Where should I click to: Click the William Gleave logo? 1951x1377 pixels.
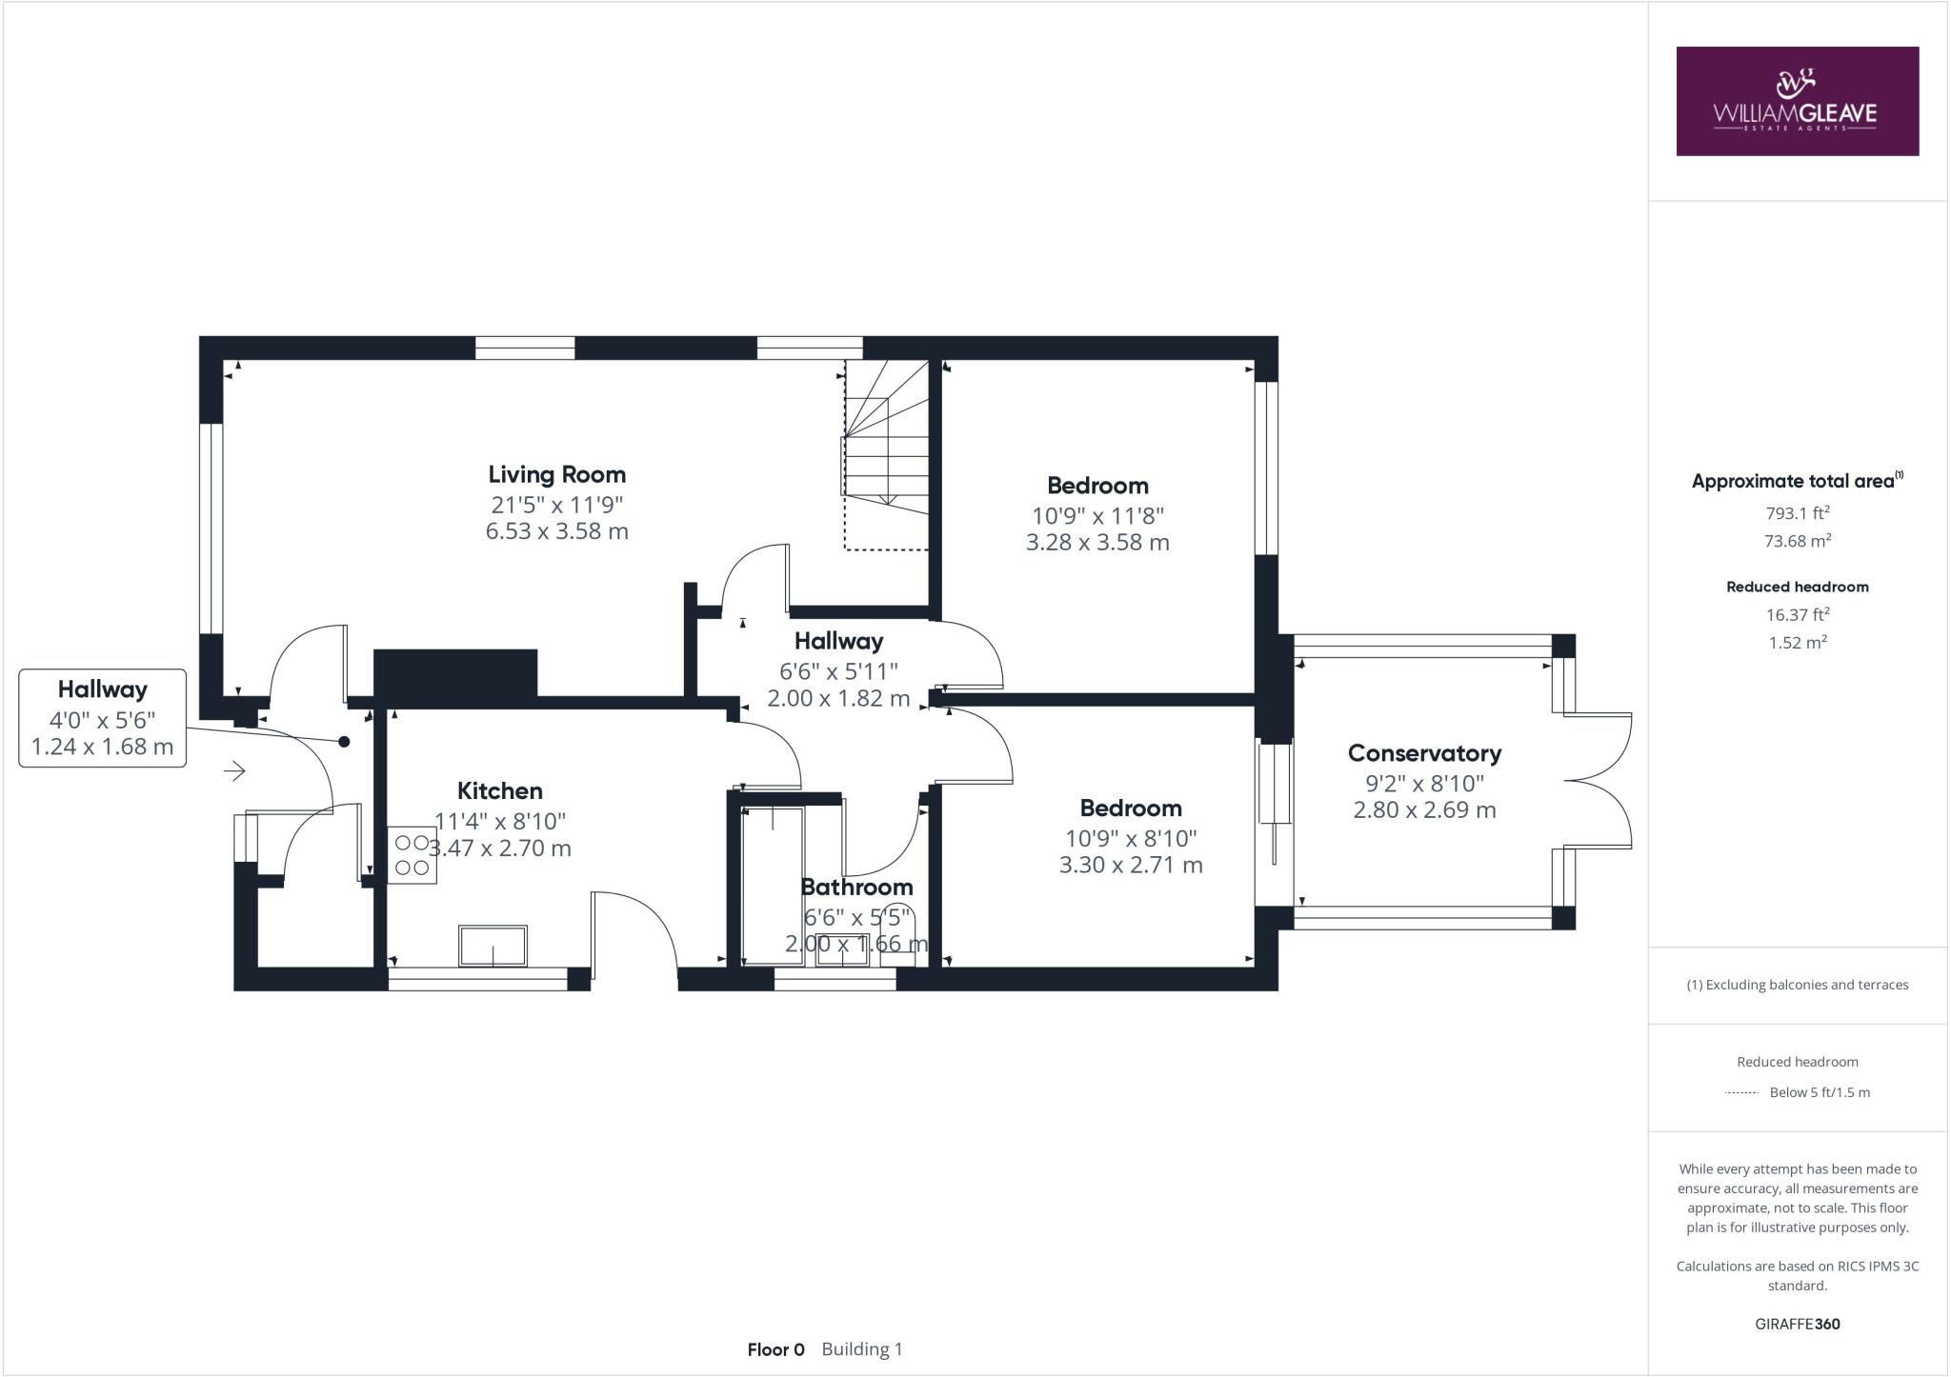(1797, 101)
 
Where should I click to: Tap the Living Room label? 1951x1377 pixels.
(557, 474)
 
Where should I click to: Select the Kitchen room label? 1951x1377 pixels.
(500, 790)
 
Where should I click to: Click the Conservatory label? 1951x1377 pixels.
(1424, 753)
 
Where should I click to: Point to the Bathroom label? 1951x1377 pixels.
(856, 887)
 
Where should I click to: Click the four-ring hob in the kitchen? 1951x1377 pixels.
(412, 855)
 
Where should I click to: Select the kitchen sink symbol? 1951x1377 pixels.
(493, 946)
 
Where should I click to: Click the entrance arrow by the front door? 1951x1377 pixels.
(234, 770)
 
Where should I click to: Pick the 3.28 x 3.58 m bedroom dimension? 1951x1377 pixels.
(1097, 543)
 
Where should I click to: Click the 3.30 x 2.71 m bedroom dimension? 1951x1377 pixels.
(1131, 866)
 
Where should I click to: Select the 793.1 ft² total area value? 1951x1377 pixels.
(1797, 513)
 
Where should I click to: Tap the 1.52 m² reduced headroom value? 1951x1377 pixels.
(1797, 643)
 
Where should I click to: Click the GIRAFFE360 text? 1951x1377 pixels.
(1797, 1324)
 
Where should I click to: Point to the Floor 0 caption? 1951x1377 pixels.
(775, 1349)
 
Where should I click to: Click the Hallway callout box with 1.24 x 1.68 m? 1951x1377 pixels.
(102, 718)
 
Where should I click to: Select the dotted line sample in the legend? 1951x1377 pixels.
(1741, 1092)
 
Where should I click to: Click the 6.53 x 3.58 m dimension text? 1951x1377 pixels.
(557, 531)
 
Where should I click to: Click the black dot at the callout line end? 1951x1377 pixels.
(344, 741)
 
